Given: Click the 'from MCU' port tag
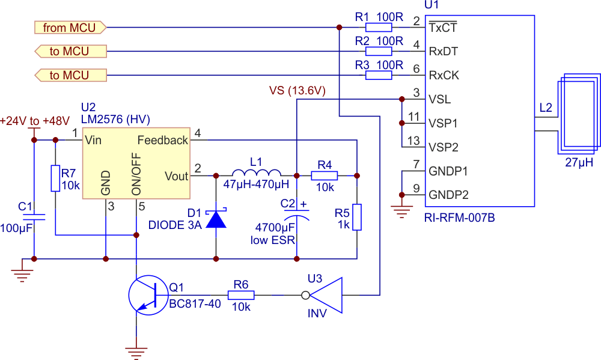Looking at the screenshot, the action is [x=70, y=28].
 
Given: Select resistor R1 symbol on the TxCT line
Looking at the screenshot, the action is [x=379, y=27].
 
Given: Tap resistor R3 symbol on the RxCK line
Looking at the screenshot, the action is [x=379, y=75].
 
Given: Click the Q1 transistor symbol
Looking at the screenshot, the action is [x=148, y=295].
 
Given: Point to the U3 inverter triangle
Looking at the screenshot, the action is [x=326, y=295].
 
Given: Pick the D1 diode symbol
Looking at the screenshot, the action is [x=216, y=219].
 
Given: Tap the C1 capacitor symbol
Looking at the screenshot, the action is [x=34, y=217].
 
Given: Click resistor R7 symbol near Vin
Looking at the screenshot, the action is [x=55, y=178].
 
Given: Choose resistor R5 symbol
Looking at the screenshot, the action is [x=357, y=217].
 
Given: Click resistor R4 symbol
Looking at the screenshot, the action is [x=325, y=175].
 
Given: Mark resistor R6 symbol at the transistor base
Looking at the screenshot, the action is [x=241, y=295].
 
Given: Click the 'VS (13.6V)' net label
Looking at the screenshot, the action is [x=297, y=91].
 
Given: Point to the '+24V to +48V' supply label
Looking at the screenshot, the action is [x=34, y=121].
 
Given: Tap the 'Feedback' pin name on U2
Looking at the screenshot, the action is [x=163, y=140].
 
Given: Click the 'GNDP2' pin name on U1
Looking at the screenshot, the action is [x=448, y=195].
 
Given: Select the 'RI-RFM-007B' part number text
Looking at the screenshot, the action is [x=460, y=218].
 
